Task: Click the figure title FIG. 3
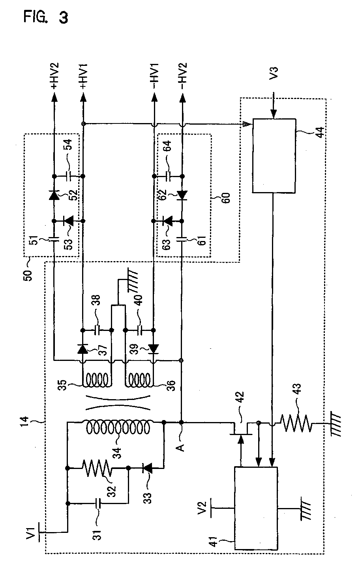[x=46, y=18]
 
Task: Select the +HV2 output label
[x=54, y=76]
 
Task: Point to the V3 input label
[x=274, y=73]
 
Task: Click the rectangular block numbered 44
[x=274, y=156]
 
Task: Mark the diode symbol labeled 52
[x=54, y=195]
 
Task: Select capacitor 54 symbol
[x=69, y=176]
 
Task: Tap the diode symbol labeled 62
[x=182, y=195]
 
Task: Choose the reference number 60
[x=226, y=198]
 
